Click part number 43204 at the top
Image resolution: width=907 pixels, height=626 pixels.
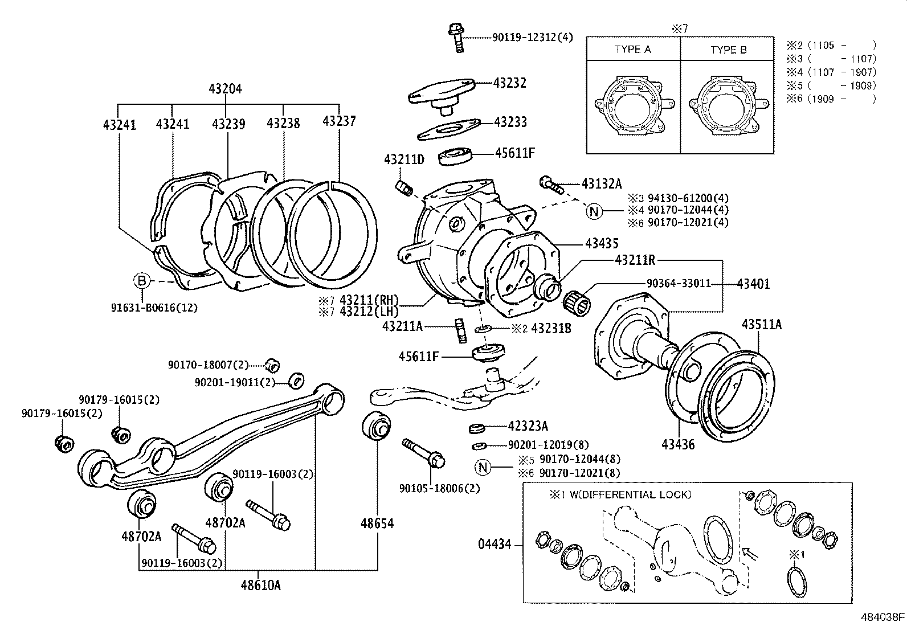(x=225, y=89)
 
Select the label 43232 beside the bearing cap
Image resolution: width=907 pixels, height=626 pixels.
(x=509, y=83)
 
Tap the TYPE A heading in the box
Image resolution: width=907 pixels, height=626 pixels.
(x=632, y=50)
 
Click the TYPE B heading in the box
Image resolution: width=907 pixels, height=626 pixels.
(x=728, y=50)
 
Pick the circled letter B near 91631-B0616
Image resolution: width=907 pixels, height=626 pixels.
(x=141, y=281)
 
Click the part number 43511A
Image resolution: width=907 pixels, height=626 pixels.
(x=761, y=325)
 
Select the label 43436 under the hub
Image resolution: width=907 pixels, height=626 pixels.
(x=679, y=444)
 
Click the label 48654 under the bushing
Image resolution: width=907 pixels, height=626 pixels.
(x=377, y=523)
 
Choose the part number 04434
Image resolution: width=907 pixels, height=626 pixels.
(x=495, y=545)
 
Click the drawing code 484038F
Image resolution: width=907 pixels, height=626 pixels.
(x=883, y=617)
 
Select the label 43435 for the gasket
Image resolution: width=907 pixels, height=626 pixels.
(x=601, y=244)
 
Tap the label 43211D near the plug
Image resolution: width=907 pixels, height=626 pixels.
(x=404, y=159)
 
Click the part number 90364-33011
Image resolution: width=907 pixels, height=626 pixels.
(x=679, y=283)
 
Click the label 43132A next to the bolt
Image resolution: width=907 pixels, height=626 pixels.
(x=602, y=183)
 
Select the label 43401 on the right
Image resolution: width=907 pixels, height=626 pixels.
(x=753, y=283)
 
